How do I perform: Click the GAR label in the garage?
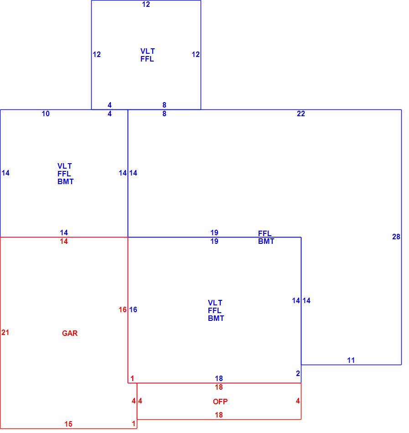pos(70,333)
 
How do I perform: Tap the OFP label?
pos(220,402)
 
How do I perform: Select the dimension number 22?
pos(301,113)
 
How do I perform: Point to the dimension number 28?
pos(396,237)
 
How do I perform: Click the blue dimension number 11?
pos(351,360)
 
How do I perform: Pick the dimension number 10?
pos(46,113)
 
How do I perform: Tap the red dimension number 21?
pos(5,332)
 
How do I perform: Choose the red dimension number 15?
pos(68,424)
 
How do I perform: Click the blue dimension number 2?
pos(298,373)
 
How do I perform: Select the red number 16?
pos(123,309)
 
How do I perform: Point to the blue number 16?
pos(133,309)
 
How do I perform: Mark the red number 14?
pos(64,242)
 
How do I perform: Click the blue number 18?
pos(219,378)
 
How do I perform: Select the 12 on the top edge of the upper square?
pos(146,4)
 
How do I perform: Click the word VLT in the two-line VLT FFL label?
pos(147,51)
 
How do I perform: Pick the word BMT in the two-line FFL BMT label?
pos(266,241)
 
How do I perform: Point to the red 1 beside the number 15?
pos(134,423)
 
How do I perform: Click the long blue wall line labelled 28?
pos(401,237)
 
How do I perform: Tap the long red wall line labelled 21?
pos(0,333)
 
